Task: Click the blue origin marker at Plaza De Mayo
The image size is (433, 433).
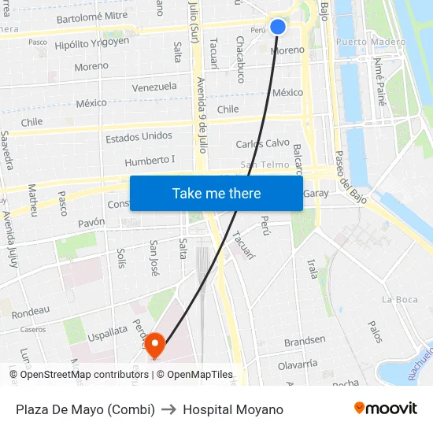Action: click(x=278, y=26)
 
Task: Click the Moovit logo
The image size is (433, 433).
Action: click(x=385, y=409)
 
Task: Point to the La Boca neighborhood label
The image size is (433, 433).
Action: click(x=400, y=299)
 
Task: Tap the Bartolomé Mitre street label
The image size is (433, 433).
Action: click(x=92, y=15)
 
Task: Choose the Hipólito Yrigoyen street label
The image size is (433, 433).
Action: click(x=92, y=42)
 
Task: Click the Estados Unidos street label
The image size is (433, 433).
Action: click(x=139, y=137)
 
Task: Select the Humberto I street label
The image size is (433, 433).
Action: click(x=150, y=161)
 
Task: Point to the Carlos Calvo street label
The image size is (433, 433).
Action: click(x=263, y=143)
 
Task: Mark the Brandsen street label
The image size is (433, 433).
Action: click(x=305, y=340)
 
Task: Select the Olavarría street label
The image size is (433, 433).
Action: click(x=298, y=364)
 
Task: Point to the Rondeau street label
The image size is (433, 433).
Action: click(x=31, y=310)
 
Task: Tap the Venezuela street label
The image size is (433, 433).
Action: click(x=154, y=87)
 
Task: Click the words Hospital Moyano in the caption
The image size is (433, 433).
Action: click(x=233, y=409)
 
